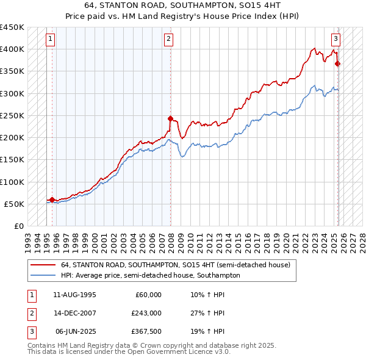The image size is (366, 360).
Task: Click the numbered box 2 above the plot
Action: pyautogui.click(x=168, y=39)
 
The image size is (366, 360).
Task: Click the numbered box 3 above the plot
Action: pyautogui.click(x=335, y=39)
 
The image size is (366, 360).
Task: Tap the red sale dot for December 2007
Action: pyautogui.click(x=170, y=118)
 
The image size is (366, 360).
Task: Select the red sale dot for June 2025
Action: pyautogui.click(x=338, y=63)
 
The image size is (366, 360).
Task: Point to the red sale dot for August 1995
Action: pyautogui.click(x=52, y=199)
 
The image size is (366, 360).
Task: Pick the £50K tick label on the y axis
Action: pyautogui.click(x=14, y=204)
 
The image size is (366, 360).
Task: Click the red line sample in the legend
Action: pyautogui.click(x=43, y=265)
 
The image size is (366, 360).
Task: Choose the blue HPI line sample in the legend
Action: pyautogui.click(x=43, y=275)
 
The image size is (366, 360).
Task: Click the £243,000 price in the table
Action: pyautogui.click(x=146, y=313)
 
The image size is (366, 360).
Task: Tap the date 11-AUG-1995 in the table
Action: pyautogui.click(x=74, y=295)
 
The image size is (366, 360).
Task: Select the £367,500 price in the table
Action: pyautogui.click(x=146, y=331)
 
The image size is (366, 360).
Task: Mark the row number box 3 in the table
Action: pyautogui.click(x=31, y=331)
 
